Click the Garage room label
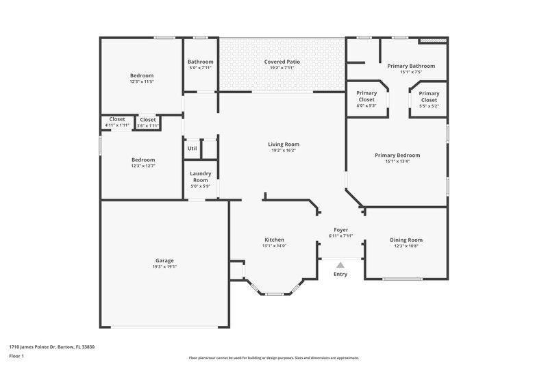coord(164,260)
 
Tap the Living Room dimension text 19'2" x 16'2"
coord(283,151)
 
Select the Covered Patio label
coord(282,62)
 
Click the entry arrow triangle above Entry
coord(340,264)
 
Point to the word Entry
coord(340,274)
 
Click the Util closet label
coord(192,148)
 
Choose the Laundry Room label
coord(200,177)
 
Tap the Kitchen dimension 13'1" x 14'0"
coord(274,246)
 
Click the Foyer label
coord(340,229)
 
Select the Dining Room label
coord(406,240)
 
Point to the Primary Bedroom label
coord(397,155)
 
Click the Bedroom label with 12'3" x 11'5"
coord(142,75)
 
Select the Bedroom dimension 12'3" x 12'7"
coord(142,166)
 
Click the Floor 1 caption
coord(16,357)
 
